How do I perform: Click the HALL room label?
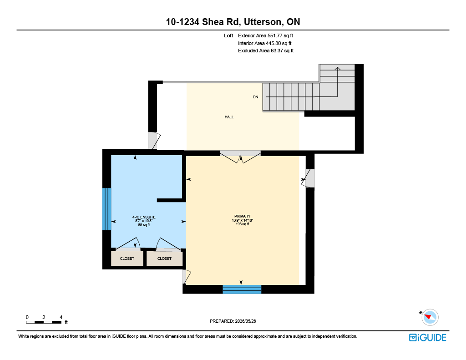click(229, 117)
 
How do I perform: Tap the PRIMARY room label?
click(243, 216)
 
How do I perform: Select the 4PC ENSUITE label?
click(144, 217)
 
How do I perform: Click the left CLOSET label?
click(127, 259)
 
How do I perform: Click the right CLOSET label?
click(164, 259)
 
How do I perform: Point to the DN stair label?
click(256, 97)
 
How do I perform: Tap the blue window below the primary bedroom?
click(242, 289)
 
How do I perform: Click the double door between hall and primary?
click(240, 156)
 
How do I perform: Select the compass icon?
click(430, 317)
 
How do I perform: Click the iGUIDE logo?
click(428, 338)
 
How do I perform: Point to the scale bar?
click(44, 322)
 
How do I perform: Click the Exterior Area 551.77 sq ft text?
click(265, 35)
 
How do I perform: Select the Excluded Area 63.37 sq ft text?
click(266, 51)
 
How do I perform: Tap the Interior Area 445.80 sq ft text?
click(264, 43)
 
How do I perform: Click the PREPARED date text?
click(233, 321)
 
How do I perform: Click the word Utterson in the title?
click(263, 22)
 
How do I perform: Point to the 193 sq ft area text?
click(243, 224)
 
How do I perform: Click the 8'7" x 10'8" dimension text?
click(144, 221)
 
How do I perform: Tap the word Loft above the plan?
click(228, 35)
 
